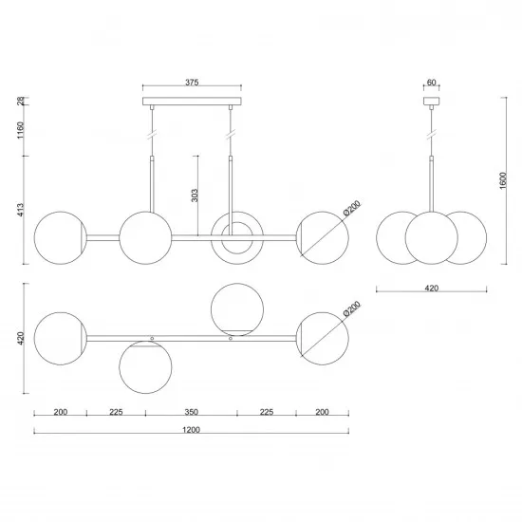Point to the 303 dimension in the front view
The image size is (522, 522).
click(x=194, y=196)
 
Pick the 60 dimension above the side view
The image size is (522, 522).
click(x=431, y=83)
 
